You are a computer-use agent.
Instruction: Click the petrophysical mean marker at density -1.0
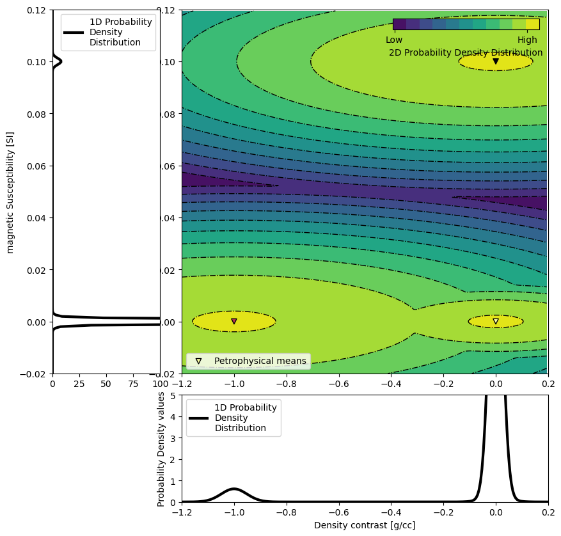tap(234, 321)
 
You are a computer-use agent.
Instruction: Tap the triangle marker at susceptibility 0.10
tap(496, 61)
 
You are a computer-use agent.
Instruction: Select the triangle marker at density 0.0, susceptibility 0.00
tap(496, 321)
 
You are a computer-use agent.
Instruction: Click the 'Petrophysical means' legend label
tap(260, 361)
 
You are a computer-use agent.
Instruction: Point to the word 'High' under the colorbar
tap(527, 40)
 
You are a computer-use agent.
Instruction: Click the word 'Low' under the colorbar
tap(394, 40)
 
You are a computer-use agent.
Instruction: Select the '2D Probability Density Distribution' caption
tap(466, 52)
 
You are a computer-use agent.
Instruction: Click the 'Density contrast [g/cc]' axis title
tap(365, 525)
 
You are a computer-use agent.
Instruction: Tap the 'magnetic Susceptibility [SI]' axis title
tap(11, 192)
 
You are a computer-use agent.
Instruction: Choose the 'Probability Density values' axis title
tap(162, 448)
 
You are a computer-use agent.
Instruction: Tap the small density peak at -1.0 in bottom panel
tap(234, 489)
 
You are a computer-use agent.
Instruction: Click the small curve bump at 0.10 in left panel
tap(59, 62)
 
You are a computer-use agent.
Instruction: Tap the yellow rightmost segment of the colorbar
tap(532, 24)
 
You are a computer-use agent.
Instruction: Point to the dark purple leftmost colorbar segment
tap(399, 24)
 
